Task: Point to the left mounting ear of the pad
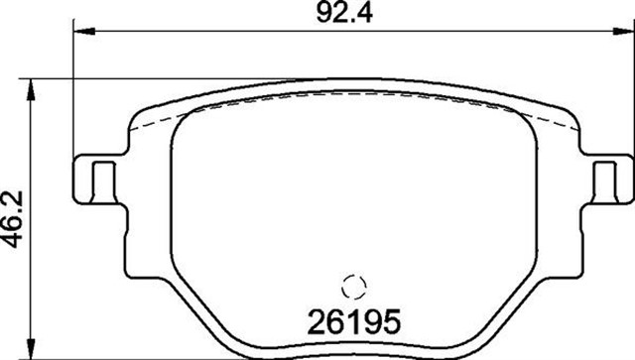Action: click(94, 180)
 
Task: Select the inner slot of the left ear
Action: click(98, 180)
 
